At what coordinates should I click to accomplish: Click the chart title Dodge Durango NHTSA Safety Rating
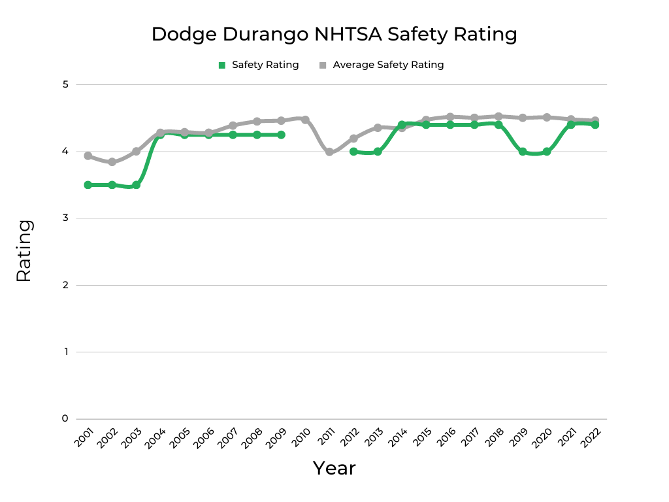(x=334, y=34)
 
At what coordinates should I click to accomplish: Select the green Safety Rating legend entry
(x=259, y=65)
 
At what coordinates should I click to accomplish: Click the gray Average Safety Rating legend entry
(x=382, y=65)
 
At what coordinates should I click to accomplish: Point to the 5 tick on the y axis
(x=65, y=84)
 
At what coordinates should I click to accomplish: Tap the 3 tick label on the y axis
(x=65, y=218)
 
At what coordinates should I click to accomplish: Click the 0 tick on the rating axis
(x=65, y=418)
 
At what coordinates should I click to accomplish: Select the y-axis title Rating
(x=24, y=251)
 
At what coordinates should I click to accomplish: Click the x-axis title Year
(x=334, y=468)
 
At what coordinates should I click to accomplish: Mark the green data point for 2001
(x=88, y=185)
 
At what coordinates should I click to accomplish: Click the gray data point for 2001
(x=88, y=156)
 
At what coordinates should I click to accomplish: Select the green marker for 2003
(x=136, y=185)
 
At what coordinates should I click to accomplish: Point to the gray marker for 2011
(x=329, y=152)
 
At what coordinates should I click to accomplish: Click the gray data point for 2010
(x=305, y=120)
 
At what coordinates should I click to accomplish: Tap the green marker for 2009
(x=281, y=135)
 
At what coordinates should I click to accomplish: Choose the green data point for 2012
(x=353, y=151)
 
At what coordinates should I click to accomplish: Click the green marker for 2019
(x=523, y=151)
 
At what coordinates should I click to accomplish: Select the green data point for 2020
(x=547, y=151)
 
